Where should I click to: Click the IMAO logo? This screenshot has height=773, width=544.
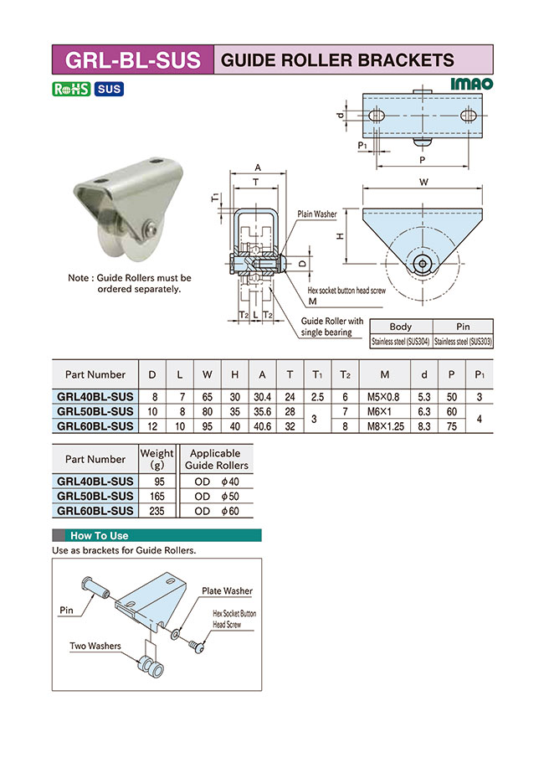coord(472,84)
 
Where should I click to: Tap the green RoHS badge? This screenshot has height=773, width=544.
coord(71,89)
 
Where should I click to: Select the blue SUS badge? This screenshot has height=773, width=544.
coord(109,89)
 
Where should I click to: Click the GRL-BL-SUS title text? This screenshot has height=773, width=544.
coord(132,59)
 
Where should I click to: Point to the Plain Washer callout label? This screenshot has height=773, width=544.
coord(317,214)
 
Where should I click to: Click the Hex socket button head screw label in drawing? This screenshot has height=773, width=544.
coord(346,290)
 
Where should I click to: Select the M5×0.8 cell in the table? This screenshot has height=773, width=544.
coord(384,397)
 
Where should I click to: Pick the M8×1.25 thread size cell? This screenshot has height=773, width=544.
coord(384,425)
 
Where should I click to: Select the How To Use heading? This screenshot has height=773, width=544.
coord(100,535)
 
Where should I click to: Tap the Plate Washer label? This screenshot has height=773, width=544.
coord(227,591)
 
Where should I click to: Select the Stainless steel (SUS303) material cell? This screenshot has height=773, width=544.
coord(463,341)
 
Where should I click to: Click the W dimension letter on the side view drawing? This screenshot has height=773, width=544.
coord(423,180)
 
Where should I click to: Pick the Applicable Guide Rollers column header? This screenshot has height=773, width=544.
coord(216,459)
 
